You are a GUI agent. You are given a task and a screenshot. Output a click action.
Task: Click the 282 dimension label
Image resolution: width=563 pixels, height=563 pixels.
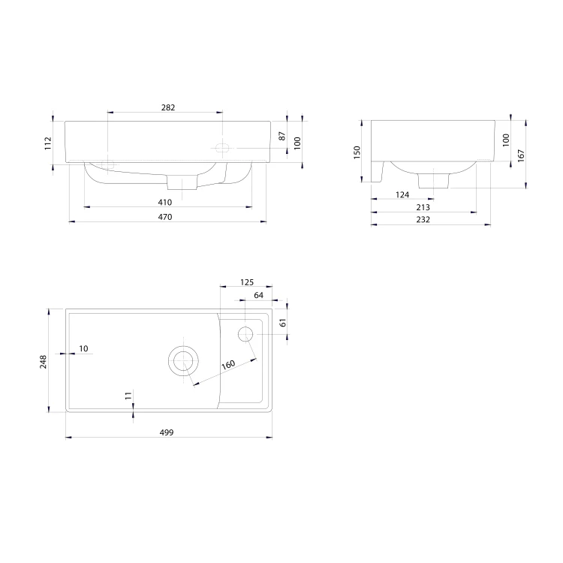168,107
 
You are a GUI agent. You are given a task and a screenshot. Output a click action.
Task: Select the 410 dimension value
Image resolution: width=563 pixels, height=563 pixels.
165,202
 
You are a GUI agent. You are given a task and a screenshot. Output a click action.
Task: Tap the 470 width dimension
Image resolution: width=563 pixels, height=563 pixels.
165,217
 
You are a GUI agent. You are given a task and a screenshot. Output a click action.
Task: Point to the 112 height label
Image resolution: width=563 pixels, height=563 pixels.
48,143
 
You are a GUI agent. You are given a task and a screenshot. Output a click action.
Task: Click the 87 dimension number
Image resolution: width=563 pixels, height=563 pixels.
282,136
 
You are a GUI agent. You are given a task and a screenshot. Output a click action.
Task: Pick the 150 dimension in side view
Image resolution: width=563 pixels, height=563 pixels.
357,152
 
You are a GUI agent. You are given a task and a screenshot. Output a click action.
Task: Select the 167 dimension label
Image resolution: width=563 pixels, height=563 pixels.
521,155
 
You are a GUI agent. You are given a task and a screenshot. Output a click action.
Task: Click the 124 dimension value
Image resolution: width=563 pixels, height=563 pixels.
402,194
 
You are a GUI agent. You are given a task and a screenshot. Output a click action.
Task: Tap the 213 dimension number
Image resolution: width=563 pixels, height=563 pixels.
423,207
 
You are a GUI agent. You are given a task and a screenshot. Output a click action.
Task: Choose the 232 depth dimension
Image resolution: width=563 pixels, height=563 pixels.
423,219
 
